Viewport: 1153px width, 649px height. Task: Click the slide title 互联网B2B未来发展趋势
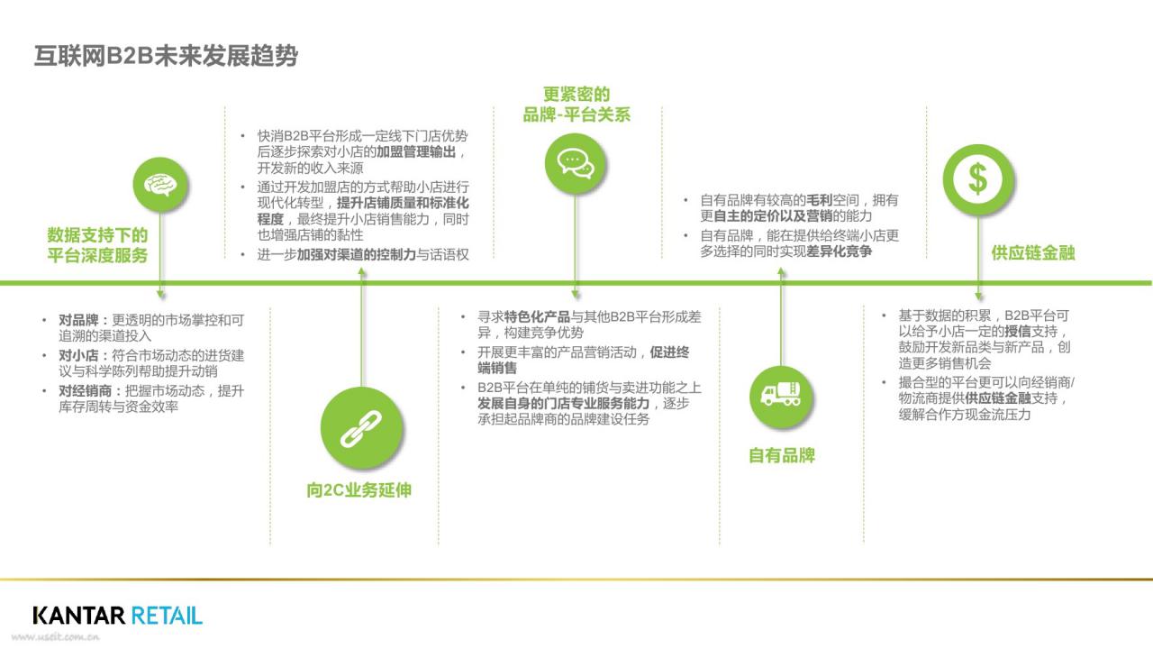click(166, 56)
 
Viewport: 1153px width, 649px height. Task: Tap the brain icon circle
click(160, 185)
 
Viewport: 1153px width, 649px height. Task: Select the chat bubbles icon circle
click(575, 163)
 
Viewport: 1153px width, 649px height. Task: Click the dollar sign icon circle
click(978, 179)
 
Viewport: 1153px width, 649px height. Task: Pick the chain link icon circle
click(361, 427)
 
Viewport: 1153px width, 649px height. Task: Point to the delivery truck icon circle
click(781, 396)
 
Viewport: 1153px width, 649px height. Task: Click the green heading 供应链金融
click(1033, 253)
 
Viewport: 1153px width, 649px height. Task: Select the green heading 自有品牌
click(781, 455)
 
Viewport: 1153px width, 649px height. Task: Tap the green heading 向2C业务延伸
click(359, 489)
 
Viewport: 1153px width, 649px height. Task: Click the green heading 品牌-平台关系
click(576, 114)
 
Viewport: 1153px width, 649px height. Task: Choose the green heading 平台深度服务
click(97, 255)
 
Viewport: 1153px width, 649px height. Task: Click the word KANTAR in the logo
click(78, 616)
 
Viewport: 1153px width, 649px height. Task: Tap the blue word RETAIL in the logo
click(167, 616)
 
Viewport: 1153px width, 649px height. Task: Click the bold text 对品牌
click(78, 320)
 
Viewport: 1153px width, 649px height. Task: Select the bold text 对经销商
click(85, 391)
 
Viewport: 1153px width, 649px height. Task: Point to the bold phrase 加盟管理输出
click(416, 152)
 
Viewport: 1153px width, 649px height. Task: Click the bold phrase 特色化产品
click(537, 316)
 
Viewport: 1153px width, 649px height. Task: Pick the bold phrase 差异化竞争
click(839, 251)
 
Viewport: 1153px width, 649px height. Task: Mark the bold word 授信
click(1018, 331)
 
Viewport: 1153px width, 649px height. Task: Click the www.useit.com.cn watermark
click(56, 637)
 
